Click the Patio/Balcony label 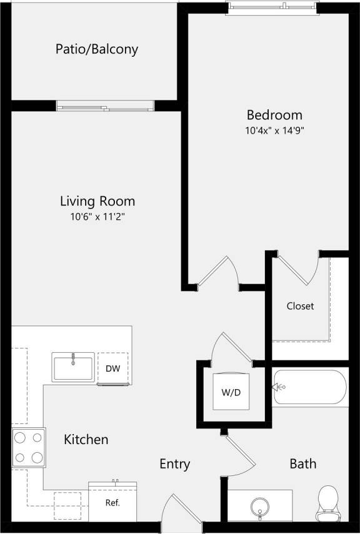pos(96,49)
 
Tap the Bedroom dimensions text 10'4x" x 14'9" pos(274,131)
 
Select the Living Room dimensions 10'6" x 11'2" pos(97,217)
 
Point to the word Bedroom pos(274,115)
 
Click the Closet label pos(300,306)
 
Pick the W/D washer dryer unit pos(231,392)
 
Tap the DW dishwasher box pos(112,368)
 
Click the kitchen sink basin pos(73,367)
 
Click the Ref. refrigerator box pos(112,502)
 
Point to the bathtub pos(309,387)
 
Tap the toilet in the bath pos(327,503)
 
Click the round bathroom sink pos(259,505)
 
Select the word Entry pos(174,464)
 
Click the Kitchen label pos(86,440)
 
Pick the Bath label pos(302,464)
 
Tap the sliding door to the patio pos(105,105)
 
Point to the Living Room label pos(97,201)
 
